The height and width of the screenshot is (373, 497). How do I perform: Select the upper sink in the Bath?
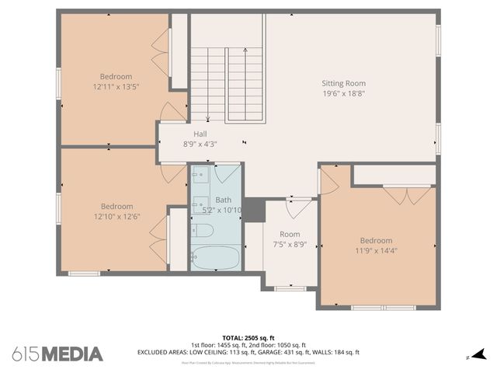200,176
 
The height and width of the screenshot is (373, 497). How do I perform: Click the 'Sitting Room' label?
343,83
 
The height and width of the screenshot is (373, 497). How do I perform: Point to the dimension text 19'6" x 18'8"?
343,93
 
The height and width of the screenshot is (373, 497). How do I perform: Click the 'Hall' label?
200,134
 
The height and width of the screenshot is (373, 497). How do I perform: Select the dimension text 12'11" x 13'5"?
116,87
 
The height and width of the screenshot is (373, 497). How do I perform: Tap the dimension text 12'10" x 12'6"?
116,216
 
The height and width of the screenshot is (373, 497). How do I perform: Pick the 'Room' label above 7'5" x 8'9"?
290,234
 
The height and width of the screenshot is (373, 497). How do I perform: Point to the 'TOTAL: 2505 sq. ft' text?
248,337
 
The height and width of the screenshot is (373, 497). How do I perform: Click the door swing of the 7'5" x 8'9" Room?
298,209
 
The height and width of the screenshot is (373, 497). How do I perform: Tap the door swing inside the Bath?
228,173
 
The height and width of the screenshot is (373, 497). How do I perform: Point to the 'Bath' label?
223,200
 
